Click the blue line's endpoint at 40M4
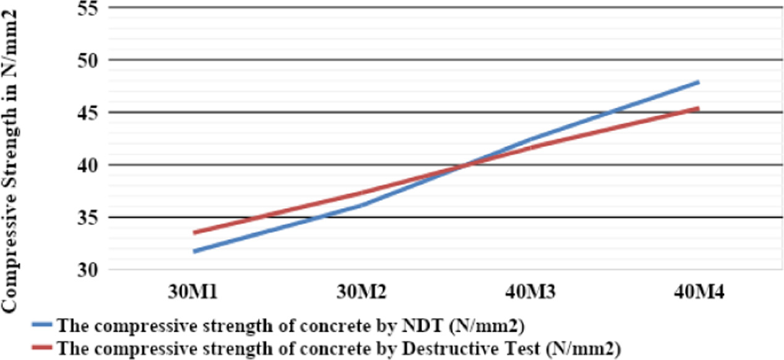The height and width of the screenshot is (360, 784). (x=698, y=82)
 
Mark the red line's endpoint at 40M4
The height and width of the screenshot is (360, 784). (x=698, y=108)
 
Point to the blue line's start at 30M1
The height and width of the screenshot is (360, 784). (x=193, y=251)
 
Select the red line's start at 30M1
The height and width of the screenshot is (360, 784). (x=193, y=233)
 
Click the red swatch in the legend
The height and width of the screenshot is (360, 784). (x=41, y=347)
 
